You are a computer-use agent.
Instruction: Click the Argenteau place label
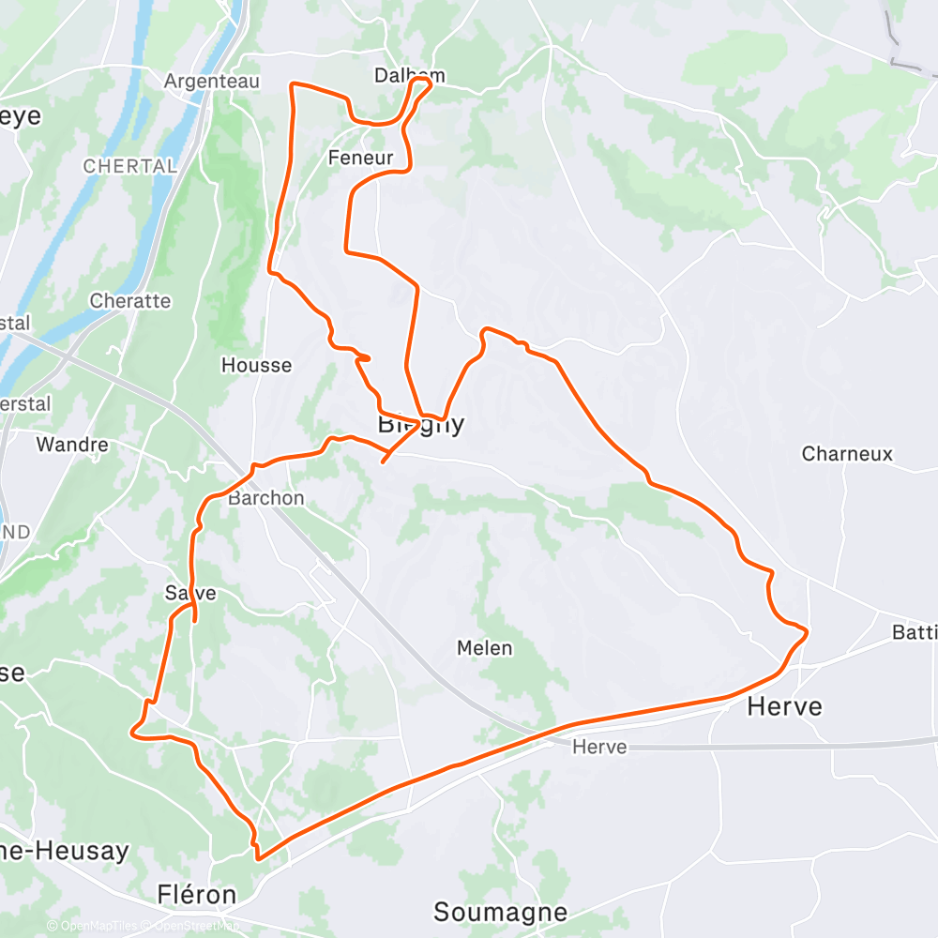tap(211, 82)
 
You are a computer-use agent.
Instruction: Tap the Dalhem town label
tap(409, 75)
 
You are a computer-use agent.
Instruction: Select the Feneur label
tap(360, 158)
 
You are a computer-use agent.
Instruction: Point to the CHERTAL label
tap(129, 166)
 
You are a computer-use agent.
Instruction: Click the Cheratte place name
tap(130, 301)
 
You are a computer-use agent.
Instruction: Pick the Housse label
tap(256, 365)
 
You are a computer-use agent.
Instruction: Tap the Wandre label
tap(72, 445)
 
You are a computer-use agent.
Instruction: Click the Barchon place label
tap(265, 498)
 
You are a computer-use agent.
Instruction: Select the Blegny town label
tap(420, 425)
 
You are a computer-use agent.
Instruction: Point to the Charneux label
tap(847, 454)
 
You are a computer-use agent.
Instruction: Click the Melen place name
tap(484, 648)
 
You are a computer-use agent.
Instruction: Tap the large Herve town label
tap(784, 706)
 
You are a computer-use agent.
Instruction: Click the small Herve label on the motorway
tap(598, 748)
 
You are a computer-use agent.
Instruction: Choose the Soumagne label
tap(500, 912)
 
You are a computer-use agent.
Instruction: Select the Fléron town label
tap(196, 895)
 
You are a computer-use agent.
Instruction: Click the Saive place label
tap(190, 593)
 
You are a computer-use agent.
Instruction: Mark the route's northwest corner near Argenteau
tap(293, 85)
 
